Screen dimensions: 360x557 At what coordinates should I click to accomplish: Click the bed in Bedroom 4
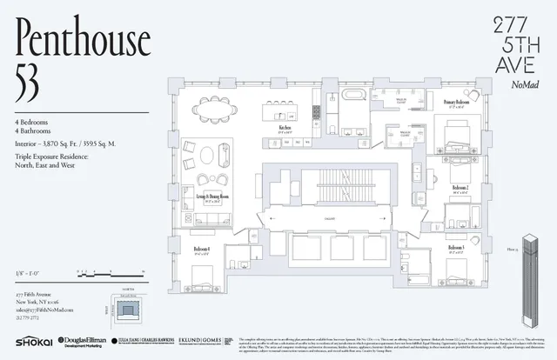coord(202,280)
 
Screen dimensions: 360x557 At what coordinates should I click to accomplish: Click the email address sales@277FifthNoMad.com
coord(44,310)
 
